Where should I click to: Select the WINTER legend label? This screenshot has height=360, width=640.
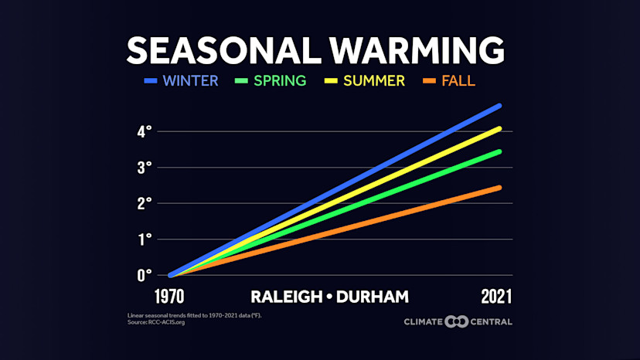click(x=191, y=80)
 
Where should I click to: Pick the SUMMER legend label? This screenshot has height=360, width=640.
click(x=374, y=80)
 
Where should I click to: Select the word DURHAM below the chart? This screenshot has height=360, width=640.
click(x=369, y=297)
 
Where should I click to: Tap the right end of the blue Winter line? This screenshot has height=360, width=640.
click(x=499, y=105)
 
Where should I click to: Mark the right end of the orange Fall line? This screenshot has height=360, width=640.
click(x=499, y=188)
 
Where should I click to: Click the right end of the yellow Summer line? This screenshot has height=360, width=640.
click(x=499, y=128)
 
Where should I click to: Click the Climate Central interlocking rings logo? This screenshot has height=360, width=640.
click(x=457, y=321)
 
